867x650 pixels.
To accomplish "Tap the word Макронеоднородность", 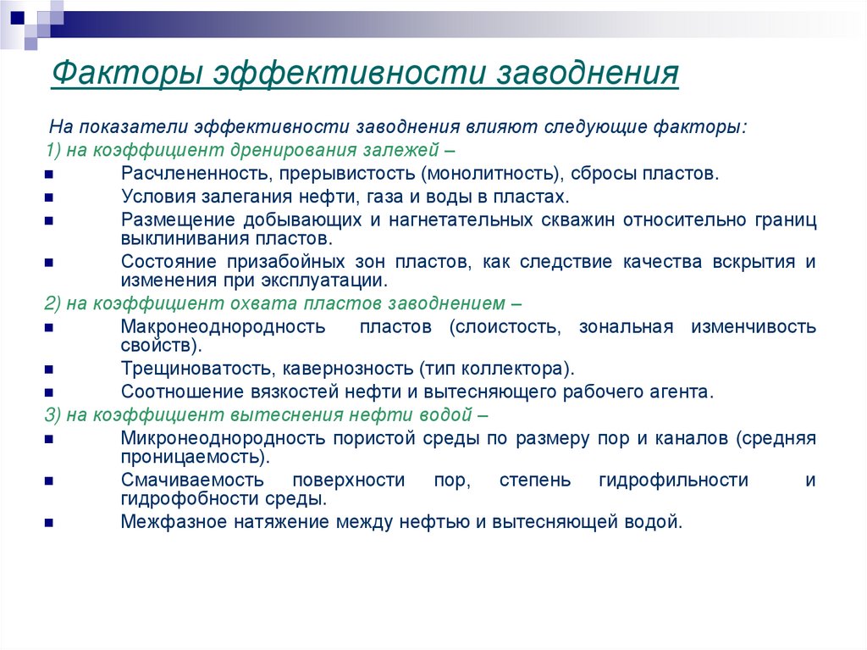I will (223, 327).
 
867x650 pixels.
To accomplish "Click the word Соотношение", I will (174, 392).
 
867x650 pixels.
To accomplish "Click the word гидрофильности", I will (673, 481).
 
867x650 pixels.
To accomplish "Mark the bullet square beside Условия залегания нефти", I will (50, 197).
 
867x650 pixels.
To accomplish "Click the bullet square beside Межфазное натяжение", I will (50, 523).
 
